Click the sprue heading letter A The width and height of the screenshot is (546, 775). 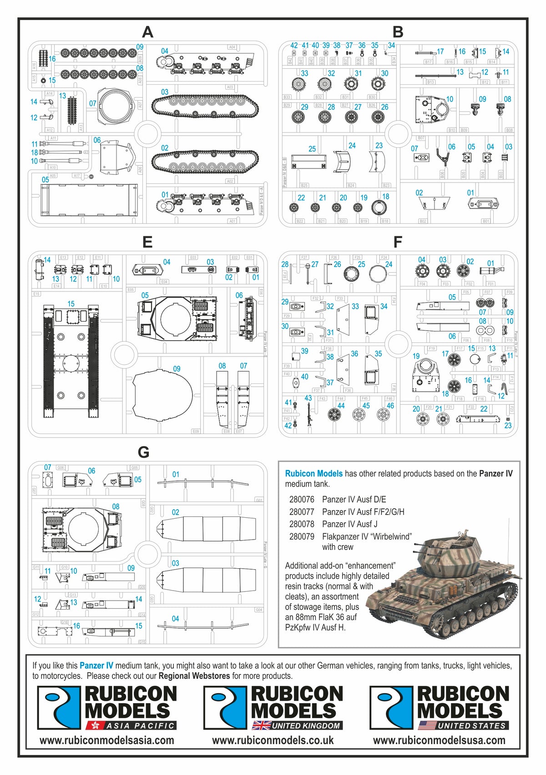coord(147,32)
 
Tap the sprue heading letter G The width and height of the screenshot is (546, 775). coord(143,452)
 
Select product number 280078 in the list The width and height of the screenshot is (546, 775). coord(302,524)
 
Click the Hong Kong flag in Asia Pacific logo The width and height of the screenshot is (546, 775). coord(95,725)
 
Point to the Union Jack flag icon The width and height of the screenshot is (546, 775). coord(261,725)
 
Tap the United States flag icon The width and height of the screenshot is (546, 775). coord(427,725)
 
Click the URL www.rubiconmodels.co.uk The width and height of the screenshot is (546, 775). coord(273,740)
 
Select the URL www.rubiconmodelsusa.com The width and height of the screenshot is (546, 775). coord(439,740)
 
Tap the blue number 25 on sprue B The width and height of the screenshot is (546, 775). coord(312,149)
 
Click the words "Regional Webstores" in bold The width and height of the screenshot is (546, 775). coord(194,676)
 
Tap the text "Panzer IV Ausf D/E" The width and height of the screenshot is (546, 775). coord(354,500)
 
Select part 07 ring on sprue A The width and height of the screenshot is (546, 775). coord(114,107)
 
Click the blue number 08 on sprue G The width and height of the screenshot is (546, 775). coord(116,506)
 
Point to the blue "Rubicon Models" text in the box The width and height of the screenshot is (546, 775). coord(314,474)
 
